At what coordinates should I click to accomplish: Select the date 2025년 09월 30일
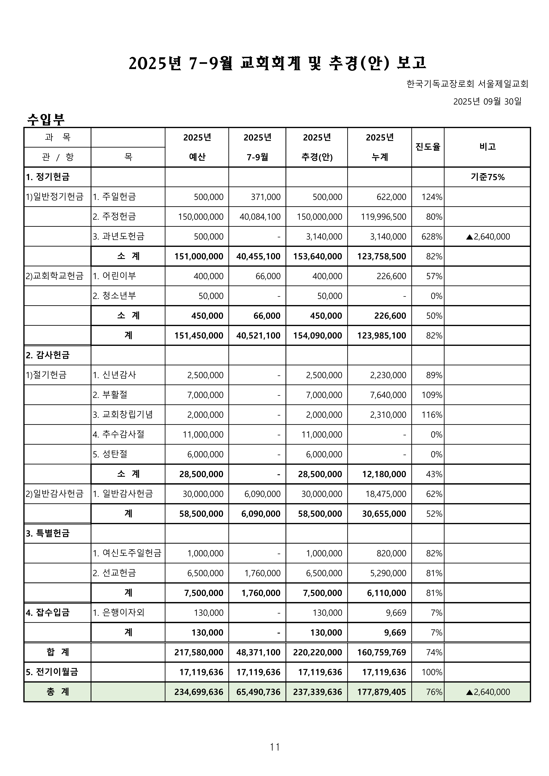487,101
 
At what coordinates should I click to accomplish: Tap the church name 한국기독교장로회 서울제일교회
467,84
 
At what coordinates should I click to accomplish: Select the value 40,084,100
260,217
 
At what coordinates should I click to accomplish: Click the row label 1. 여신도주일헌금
127,553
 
